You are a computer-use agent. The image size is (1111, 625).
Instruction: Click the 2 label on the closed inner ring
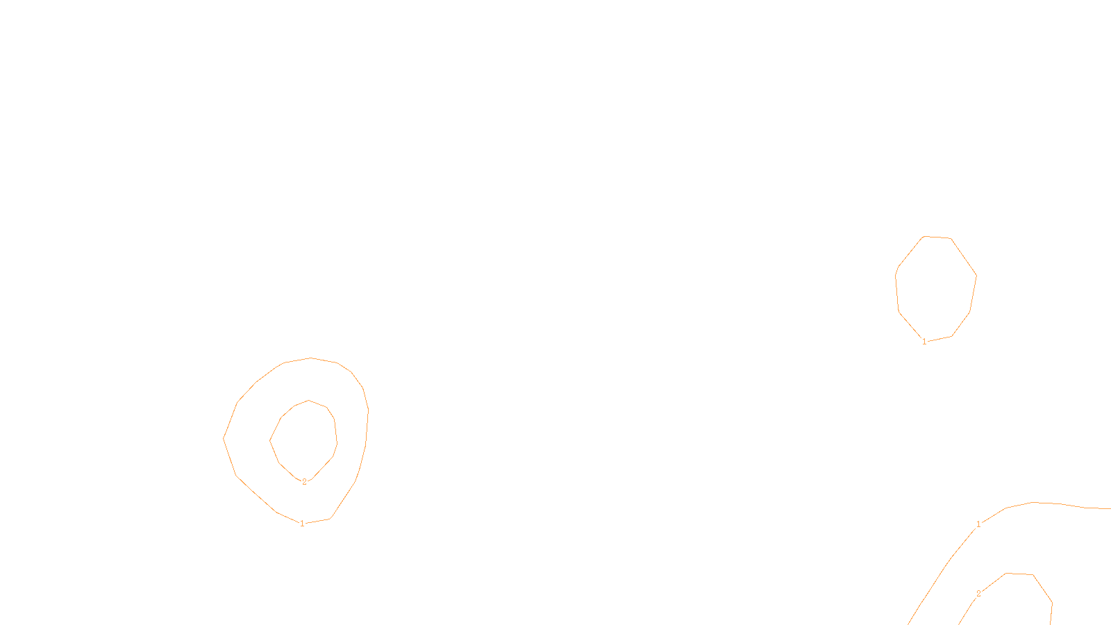[304, 482]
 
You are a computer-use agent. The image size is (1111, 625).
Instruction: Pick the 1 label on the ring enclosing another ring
[302, 524]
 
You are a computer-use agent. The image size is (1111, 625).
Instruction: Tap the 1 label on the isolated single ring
[924, 342]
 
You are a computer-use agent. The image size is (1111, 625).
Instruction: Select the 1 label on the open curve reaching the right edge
[978, 524]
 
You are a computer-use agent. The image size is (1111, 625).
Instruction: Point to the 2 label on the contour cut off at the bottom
[978, 594]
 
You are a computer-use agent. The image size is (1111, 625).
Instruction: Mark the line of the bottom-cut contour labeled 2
[1042, 587]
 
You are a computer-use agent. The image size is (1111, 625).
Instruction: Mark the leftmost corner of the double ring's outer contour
[224, 437]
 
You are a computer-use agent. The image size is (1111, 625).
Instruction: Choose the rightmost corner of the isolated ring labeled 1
[976, 276]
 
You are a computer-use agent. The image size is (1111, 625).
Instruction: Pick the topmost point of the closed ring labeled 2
[309, 401]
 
